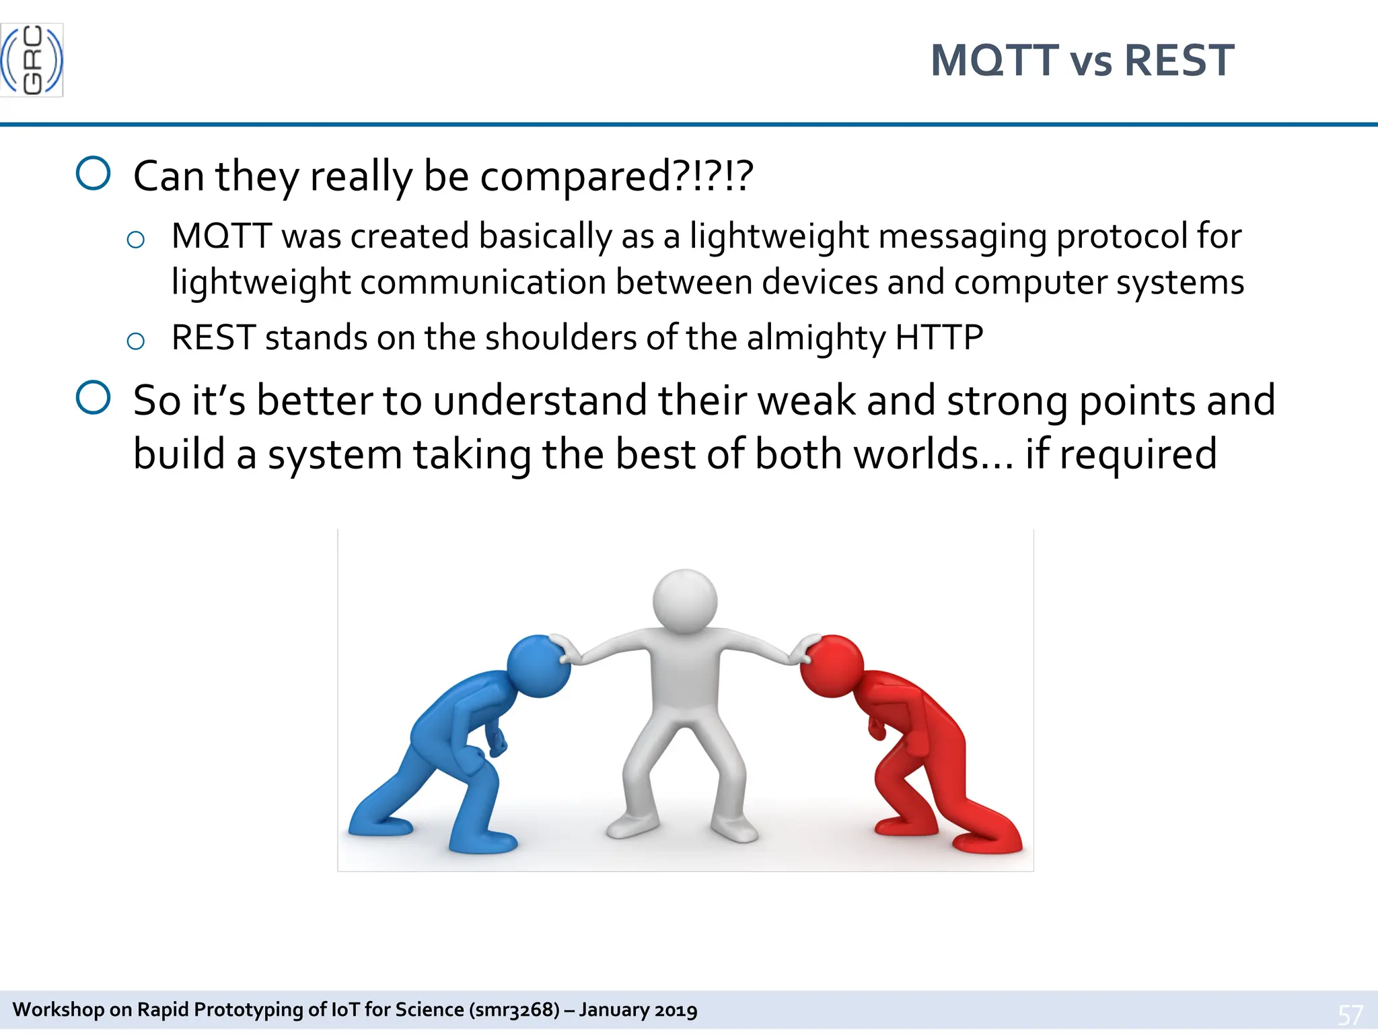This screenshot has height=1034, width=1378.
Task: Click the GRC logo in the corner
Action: (x=32, y=60)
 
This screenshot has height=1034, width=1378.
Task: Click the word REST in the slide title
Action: (x=1179, y=61)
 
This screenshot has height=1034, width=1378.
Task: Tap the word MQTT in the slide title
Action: (x=994, y=61)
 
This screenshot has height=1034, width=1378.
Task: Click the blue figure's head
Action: (x=538, y=665)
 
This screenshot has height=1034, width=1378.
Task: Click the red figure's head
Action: (x=832, y=665)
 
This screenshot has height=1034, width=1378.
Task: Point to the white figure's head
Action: (x=685, y=600)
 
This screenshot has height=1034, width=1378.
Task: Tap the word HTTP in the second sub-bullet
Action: (x=939, y=337)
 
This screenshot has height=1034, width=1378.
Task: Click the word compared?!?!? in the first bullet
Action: (x=616, y=176)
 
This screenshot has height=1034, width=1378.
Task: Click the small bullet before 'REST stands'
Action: (x=135, y=341)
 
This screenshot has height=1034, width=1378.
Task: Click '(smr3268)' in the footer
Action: (x=515, y=1010)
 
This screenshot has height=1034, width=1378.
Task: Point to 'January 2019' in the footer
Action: (x=638, y=1010)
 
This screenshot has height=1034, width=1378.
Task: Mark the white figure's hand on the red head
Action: (x=802, y=650)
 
